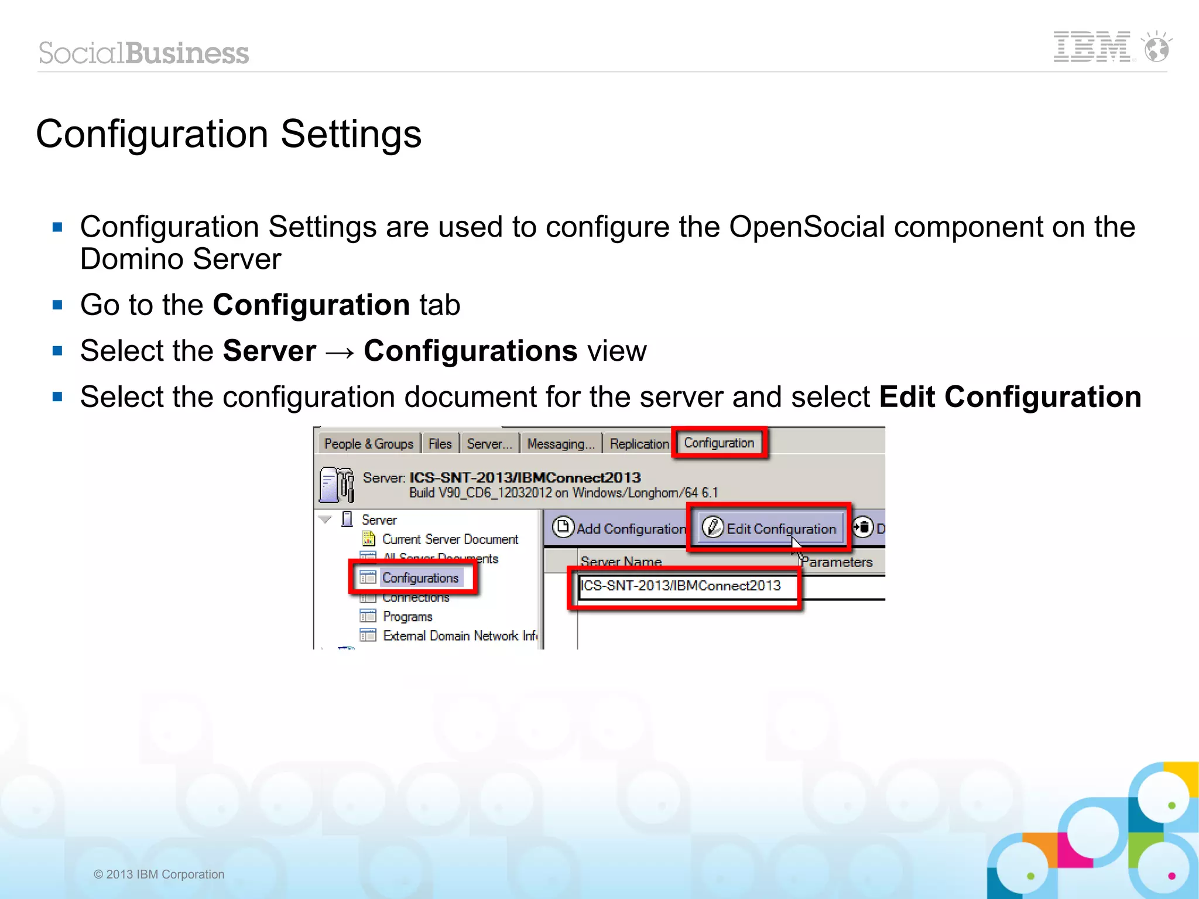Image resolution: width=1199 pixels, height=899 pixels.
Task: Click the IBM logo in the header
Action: coord(1092,47)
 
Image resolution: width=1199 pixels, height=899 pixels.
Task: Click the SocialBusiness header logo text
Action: coord(144,53)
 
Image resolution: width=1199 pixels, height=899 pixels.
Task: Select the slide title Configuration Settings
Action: coord(228,134)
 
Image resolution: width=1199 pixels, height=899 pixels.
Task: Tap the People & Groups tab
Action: coord(368,444)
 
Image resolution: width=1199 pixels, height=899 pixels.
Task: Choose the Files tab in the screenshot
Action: coord(440,444)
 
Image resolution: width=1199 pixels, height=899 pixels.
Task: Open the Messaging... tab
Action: coord(560,444)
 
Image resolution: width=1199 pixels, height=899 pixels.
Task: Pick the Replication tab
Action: coord(639,444)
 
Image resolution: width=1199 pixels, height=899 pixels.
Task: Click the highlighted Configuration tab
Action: coord(719,443)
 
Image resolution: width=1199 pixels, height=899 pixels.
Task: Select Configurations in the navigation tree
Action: coord(420,578)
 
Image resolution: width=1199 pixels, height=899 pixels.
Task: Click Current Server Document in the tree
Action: coord(450,539)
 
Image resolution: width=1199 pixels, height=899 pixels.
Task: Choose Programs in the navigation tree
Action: coord(407,617)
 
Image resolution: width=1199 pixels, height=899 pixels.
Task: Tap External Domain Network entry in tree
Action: coord(460,636)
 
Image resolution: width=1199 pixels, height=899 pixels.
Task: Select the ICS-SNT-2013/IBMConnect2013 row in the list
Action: coord(680,586)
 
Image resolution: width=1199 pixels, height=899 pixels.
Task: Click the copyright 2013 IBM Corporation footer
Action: coord(159,874)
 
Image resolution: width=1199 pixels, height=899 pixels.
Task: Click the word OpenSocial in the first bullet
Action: coord(806,227)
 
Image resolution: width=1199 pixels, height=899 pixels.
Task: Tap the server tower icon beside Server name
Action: coord(337,484)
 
